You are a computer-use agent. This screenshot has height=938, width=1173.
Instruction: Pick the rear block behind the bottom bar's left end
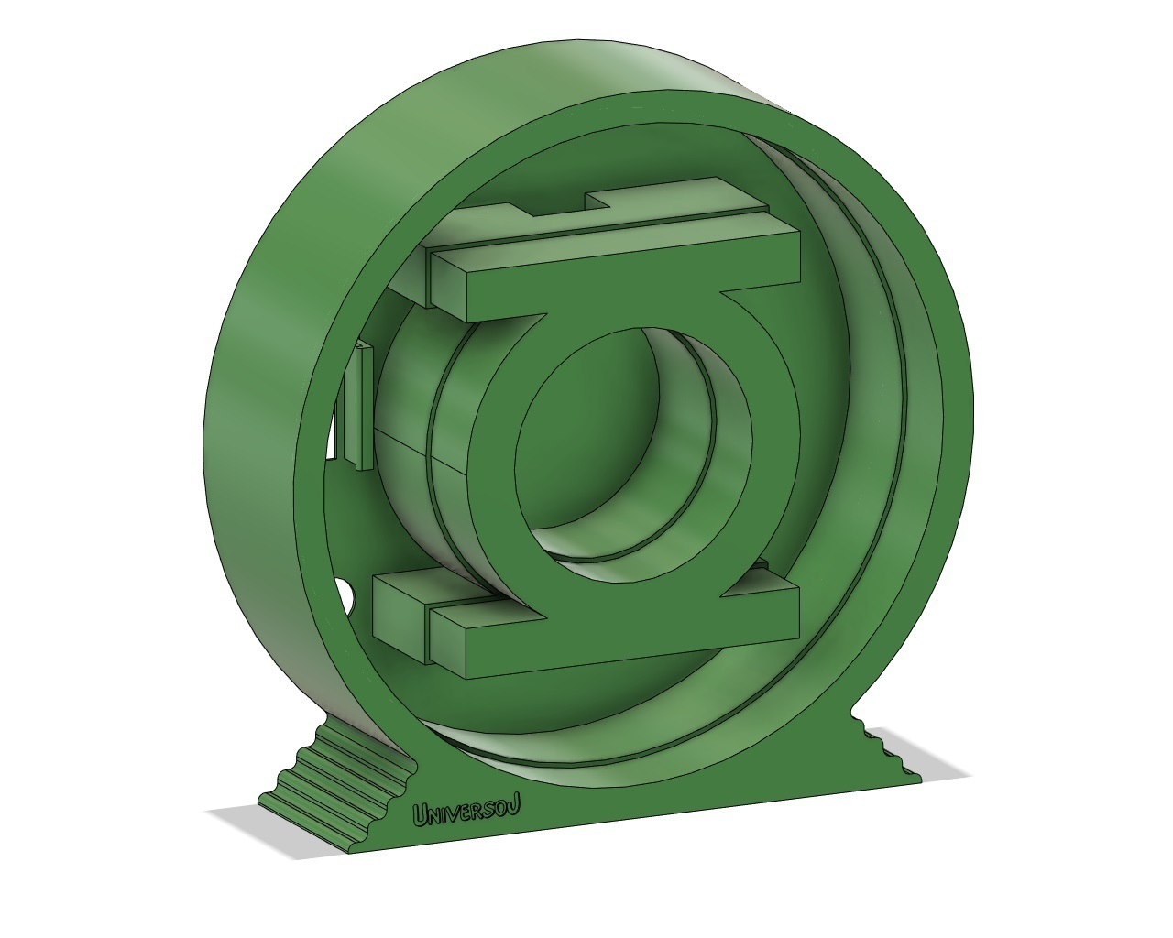pos(399,605)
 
